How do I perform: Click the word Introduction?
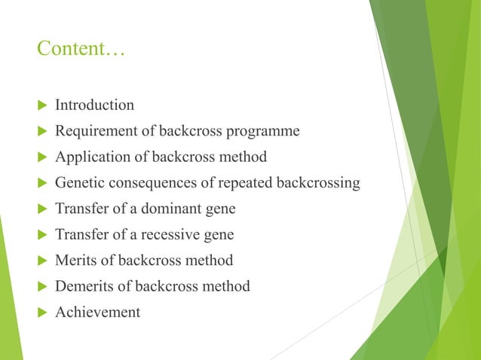(94, 105)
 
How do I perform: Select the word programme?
(264, 131)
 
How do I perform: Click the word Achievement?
(97, 312)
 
